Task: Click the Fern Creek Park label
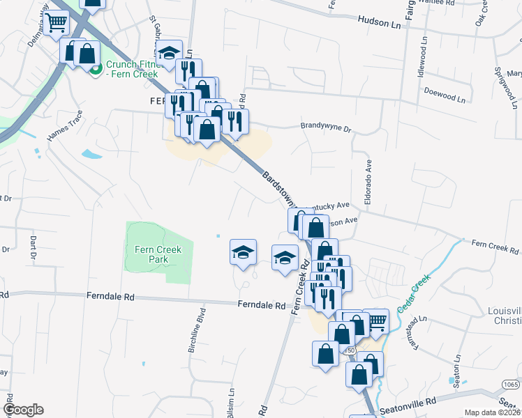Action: (x=158, y=254)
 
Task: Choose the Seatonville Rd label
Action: (x=407, y=402)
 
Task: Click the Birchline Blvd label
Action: (x=195, y=331)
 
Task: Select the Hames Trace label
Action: (x=65, y=126)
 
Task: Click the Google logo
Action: (x=23, y=410)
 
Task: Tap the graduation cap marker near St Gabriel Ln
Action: (x=168, y=52)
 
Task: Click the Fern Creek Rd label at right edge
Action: (x=496, y=247)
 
